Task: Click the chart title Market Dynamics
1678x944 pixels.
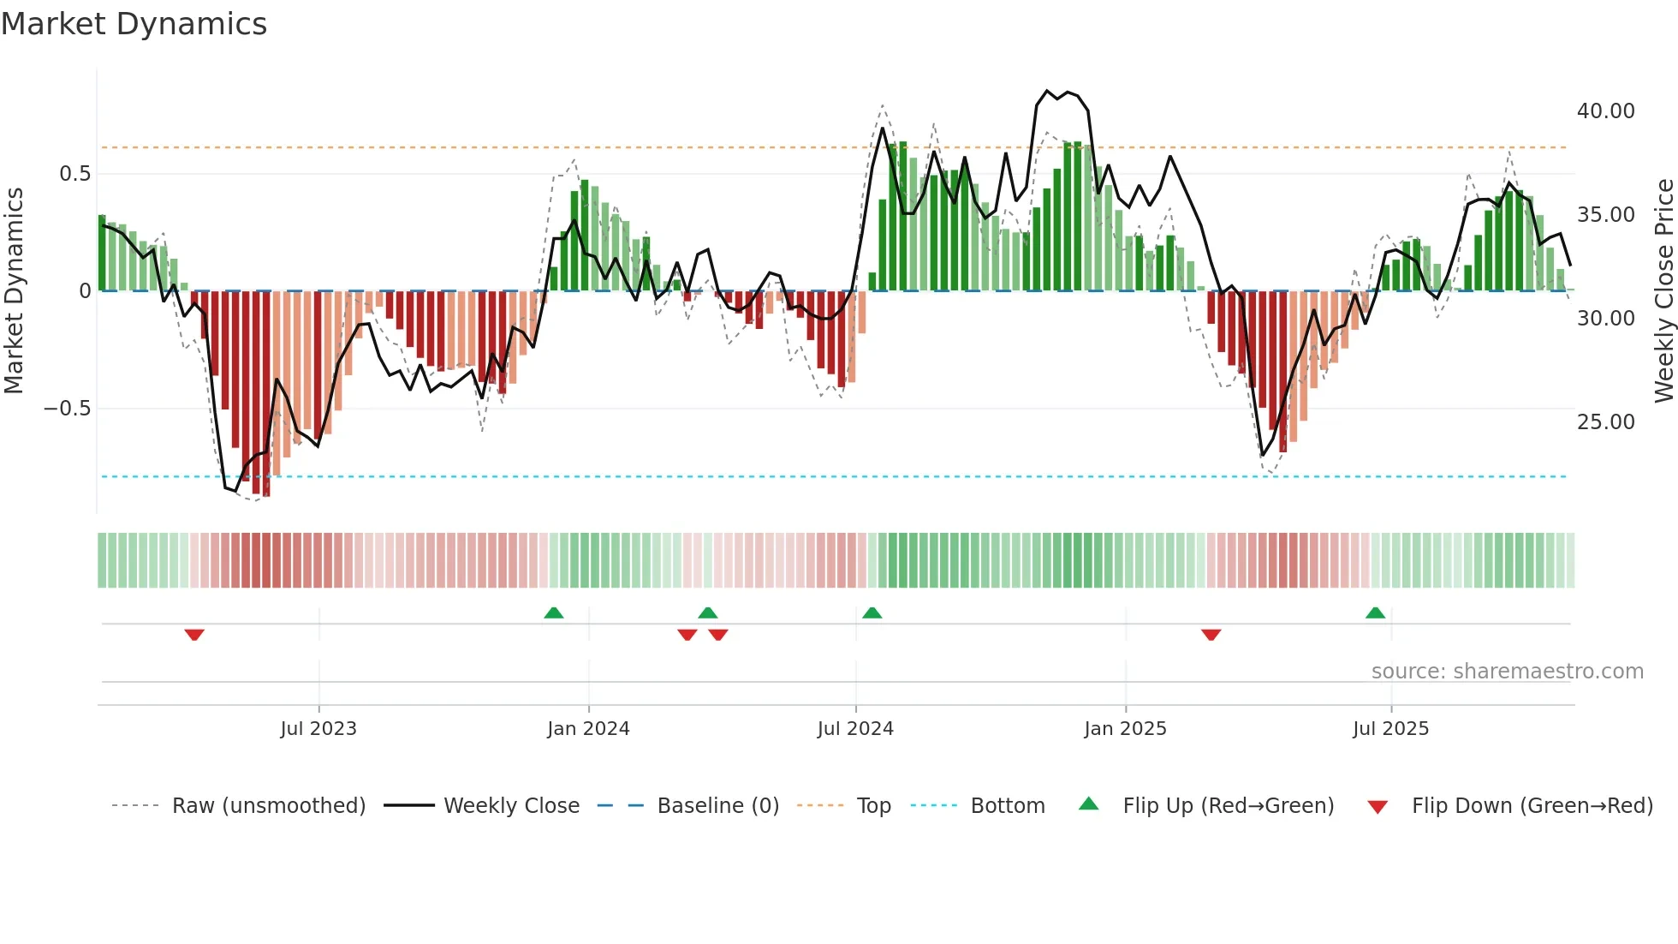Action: (x=134, y=24)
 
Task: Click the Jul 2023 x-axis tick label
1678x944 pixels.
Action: (x=318, y=729)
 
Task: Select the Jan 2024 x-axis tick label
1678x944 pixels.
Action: (x=588, y=729)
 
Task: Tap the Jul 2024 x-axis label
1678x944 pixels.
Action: (x=855, y=729)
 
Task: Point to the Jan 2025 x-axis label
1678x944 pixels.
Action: (x=1125, y=729)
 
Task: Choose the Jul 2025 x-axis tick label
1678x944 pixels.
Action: (x=1390, y=729)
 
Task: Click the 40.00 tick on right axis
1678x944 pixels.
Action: (x=1605, y=111)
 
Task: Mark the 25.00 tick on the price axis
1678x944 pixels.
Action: (x=1605, y=422)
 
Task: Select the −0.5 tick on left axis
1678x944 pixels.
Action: (x=67, y=409)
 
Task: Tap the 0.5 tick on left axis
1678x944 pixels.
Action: (x=74, y=174)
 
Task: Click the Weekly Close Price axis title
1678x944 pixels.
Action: (x=1663, y=290)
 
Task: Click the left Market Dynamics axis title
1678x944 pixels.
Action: (x=14, y=290)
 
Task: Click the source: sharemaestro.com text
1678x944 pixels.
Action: (x=1507, y=672)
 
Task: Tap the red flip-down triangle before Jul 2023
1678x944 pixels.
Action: (x=194, y=635)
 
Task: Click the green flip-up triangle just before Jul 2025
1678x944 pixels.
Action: (x=1375, y=612)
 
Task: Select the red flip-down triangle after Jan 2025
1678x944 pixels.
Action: (x=1211, y=635)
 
